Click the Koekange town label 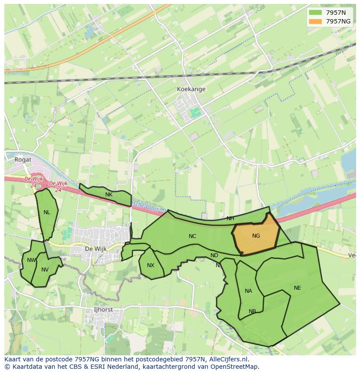191,89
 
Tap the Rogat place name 23,159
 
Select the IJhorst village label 103,310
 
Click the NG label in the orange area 256,236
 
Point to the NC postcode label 192,236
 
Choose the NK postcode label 109,195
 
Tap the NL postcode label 47,212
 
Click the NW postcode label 31,260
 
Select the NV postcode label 45,270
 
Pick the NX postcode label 150,265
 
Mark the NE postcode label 297,288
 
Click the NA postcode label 248,291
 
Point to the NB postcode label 252,311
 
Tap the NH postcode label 230,218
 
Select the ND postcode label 214,255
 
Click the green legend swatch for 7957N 315,13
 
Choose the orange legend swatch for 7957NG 315,21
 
